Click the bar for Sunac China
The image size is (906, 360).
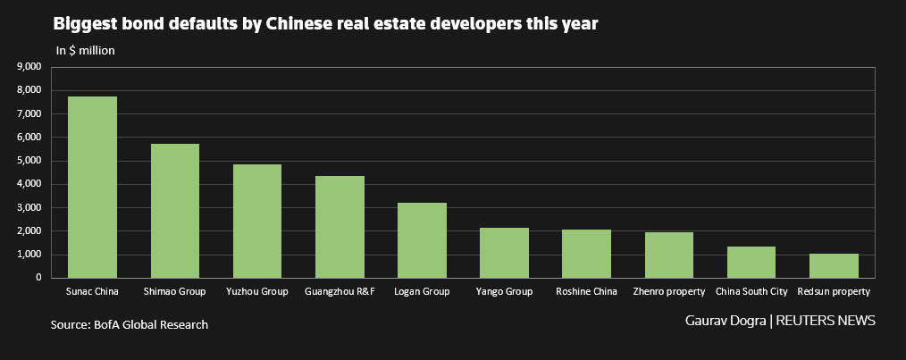click(x=92, y=188)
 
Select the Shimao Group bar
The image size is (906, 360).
click(x=174, y=211)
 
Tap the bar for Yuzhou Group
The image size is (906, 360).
click(x=256, y=221)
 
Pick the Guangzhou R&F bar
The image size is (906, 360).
click(x=340, y=227)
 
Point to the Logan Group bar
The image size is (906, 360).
click(x=422, y=240)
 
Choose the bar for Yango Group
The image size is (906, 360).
click(x=504, y=253)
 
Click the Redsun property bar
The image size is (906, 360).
click(x=834, y=265)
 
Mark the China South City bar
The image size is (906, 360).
click(x=751, y=262)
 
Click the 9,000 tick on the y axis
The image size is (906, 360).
click(x=29, y=67)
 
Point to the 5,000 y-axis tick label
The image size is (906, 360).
click(x=29, y=161)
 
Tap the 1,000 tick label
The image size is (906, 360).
click(x=29, y=255)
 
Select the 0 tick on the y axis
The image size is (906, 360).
click(x=38, y=278)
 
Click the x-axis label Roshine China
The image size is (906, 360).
click(x=586, y=291)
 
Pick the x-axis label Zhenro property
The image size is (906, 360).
click(x=669, y=291)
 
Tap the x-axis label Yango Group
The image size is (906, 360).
click(x=504, y=291)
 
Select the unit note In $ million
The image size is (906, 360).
click(x=85, y=51)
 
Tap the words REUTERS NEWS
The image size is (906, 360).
click(x=826, y=320)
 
